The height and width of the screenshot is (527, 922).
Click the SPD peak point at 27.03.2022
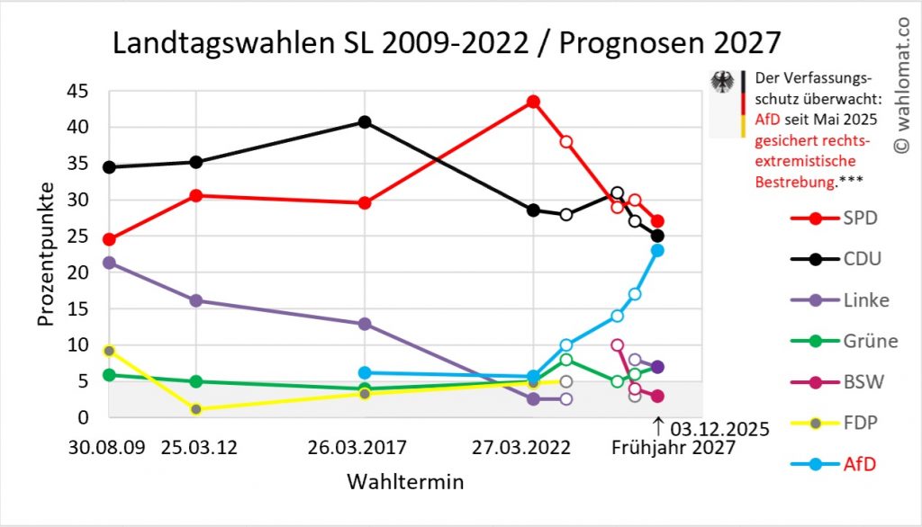(x=533, y=102)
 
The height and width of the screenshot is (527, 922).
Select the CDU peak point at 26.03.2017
(x=365, y=122)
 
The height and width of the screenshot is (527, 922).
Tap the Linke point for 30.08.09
(x=109, y=263)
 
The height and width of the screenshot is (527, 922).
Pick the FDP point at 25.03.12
(x=195, y=409)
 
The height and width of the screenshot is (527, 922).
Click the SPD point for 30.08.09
(x=109, y=239)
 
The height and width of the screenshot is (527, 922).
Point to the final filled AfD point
(x=657, y=250)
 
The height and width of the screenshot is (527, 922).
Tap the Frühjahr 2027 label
(x=673, y=447)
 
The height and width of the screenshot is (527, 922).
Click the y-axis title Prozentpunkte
(x=47, y=255)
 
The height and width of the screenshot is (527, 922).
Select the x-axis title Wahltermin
(x=405, y=482)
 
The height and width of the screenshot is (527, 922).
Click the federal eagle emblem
(x=722, y=83)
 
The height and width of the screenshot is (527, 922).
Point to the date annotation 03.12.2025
(x=719, y=428)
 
